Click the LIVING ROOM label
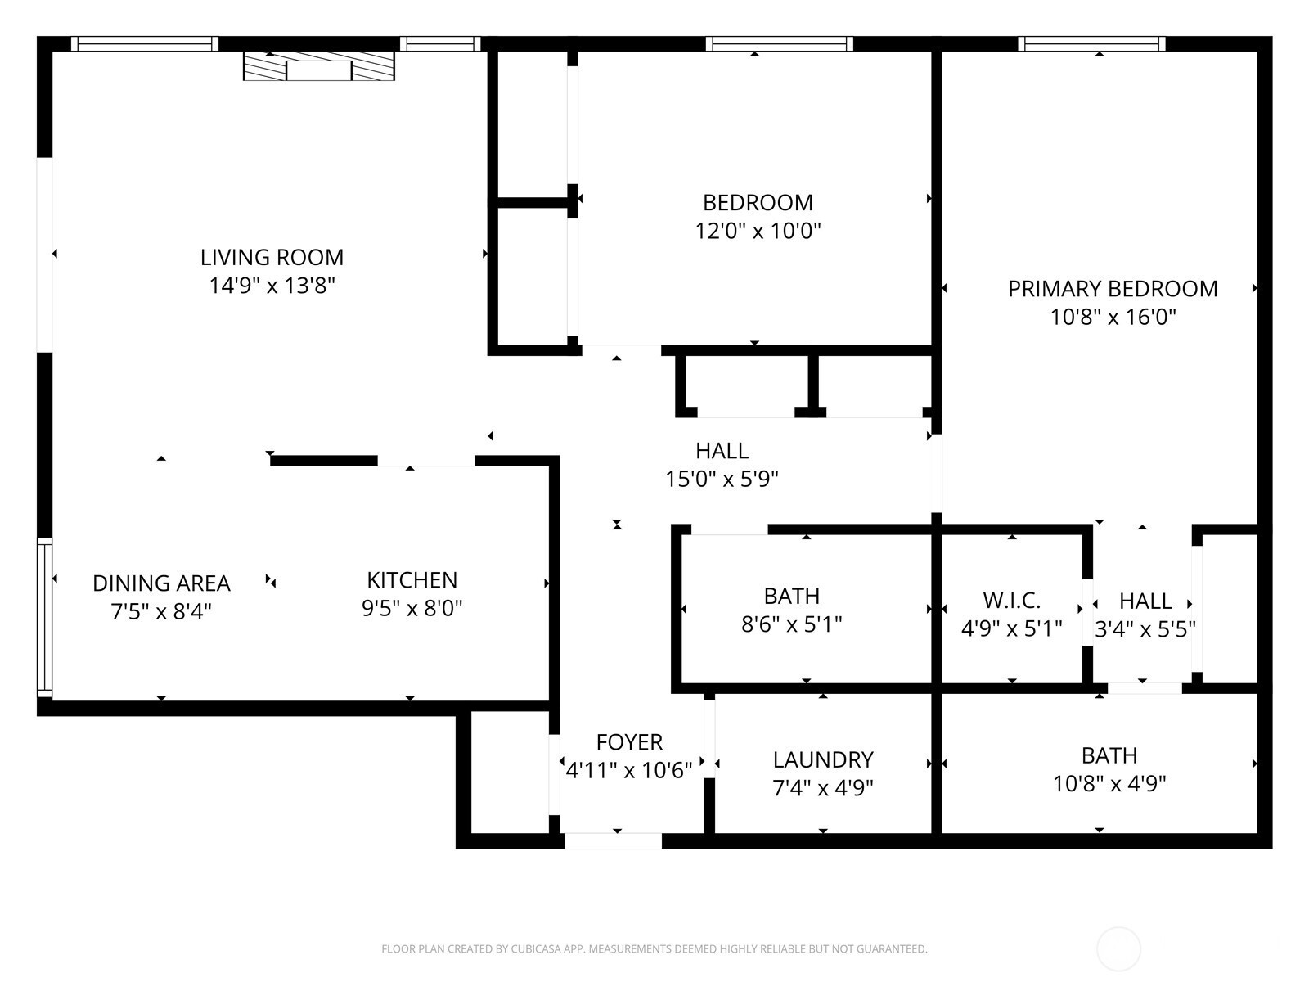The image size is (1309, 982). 272,258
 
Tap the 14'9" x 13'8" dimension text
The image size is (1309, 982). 272,286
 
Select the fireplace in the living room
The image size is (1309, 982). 319,65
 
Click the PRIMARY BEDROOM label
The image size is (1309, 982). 1113,289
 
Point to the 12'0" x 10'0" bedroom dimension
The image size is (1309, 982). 758,231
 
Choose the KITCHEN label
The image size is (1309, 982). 412,579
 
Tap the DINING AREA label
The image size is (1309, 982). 162,583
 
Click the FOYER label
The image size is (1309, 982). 629,742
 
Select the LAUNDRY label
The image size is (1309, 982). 823,760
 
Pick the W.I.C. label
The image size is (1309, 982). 1012,601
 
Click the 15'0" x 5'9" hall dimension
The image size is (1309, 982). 722,479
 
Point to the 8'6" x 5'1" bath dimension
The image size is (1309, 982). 792,624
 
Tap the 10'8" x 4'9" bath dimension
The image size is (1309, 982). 1109,783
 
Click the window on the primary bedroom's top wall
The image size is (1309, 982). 1091,43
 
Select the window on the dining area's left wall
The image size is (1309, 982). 45,618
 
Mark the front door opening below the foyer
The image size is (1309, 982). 613,840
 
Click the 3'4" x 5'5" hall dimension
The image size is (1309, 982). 1145,629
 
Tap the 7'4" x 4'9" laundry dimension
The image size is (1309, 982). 823,788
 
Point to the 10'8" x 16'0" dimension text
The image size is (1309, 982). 1113,317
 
